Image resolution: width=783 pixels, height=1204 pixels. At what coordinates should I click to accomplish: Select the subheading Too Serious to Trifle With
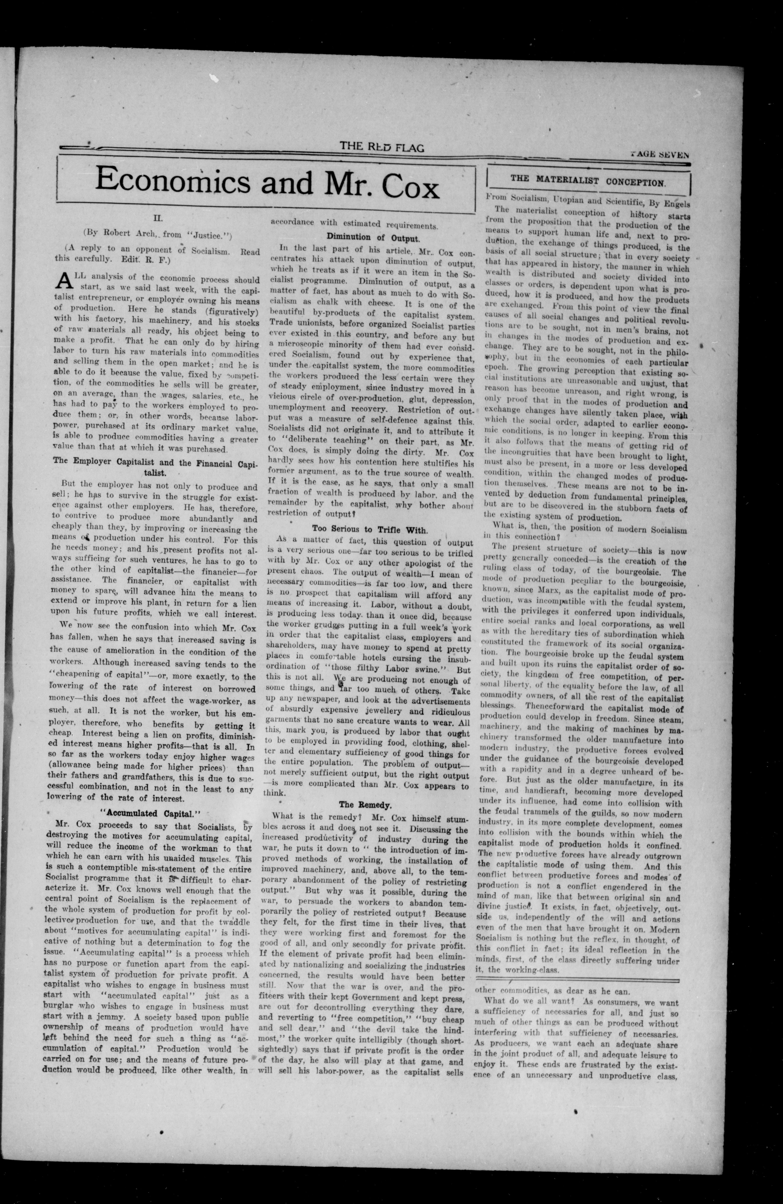(x=370, y=530)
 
